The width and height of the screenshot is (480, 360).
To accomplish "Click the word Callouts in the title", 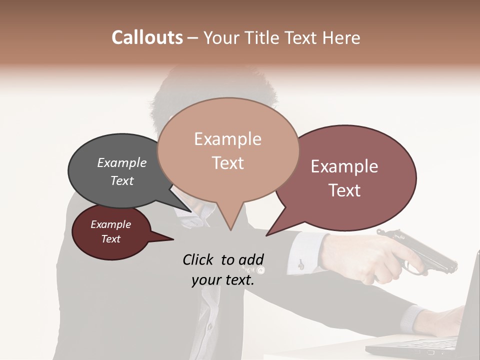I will (147, 37).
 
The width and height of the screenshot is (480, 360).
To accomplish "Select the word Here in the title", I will (342, 37).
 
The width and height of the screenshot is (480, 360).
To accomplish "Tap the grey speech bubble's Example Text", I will (122, 171).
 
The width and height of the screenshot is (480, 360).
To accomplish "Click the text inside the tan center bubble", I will (228, 150).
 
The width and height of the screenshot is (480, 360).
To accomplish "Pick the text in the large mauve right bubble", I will (344, 178).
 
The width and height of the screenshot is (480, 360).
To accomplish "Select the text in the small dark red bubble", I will (111, 231).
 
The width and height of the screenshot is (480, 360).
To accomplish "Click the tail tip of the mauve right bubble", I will (266, 235).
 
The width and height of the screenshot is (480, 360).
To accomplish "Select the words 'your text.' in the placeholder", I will (223, 280).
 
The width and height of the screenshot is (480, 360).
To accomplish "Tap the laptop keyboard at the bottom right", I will (425, 345).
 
